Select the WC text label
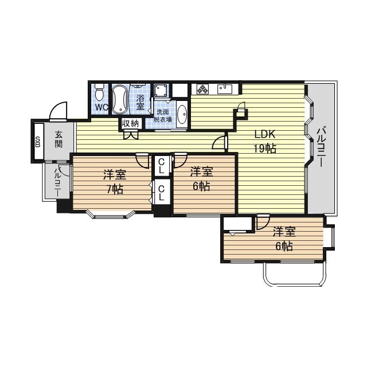(101, 107)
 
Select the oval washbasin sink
(182, 114)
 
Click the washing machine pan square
(160, 90)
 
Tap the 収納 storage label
(130, 123)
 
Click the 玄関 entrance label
(59, 140)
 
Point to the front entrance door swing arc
(57, 109)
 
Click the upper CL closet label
(162, 166)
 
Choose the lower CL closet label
(162, 192)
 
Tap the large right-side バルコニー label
(321, 147)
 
